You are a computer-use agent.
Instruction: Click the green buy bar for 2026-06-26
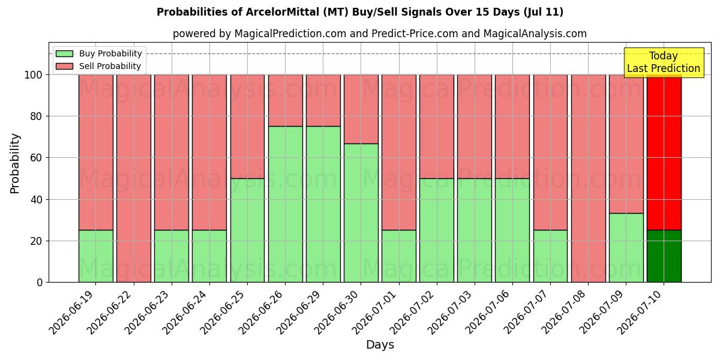286,204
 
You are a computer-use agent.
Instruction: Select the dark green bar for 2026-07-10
664,256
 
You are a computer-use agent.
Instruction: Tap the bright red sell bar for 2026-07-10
664,152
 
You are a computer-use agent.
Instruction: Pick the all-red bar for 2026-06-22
134,178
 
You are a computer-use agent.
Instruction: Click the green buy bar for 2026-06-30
361,213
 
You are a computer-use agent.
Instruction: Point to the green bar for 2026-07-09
626,247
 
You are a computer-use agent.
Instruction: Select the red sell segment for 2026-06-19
96,152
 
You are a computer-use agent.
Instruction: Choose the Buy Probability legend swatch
64,53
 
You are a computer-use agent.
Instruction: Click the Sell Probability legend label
110,66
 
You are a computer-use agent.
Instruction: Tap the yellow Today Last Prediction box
664,62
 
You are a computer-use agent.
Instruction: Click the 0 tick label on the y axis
40,283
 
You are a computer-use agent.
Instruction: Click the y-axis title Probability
15,164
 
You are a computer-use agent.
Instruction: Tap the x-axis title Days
380,345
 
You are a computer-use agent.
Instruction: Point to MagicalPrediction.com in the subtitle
290,34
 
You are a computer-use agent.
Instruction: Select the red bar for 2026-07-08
588,178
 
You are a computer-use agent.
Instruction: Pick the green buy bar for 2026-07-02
437,230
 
